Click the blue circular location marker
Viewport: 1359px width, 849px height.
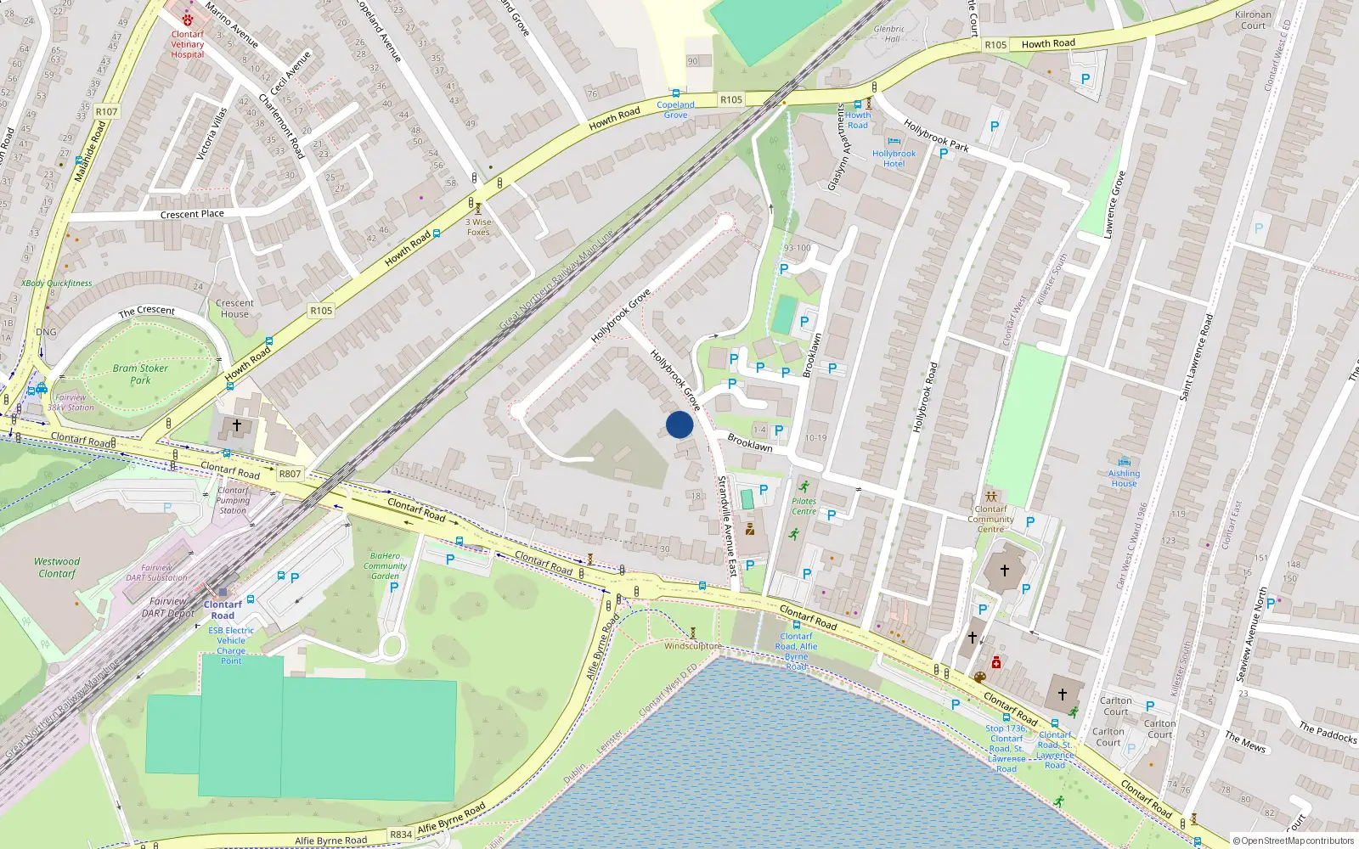[679, 424]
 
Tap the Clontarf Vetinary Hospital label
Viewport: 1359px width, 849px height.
[188, 44]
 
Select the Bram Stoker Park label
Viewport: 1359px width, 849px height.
[140, 374]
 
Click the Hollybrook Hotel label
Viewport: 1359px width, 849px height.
[894, 159]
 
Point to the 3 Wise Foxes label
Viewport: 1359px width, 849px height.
[478, 227]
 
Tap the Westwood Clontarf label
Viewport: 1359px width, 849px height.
[57, 567]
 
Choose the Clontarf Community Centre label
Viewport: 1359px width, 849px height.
[990, 519]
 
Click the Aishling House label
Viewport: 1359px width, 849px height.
[1124, 478]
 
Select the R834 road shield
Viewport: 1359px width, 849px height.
[401, 835]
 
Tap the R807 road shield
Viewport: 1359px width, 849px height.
[290, 474]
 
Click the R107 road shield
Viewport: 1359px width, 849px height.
[107, 112]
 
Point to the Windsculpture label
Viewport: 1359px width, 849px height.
[692, 646]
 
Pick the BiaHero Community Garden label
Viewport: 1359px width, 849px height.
[386, 566]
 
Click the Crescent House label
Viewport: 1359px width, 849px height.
[234, 308]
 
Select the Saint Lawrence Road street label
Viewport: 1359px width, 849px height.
[1196, 357]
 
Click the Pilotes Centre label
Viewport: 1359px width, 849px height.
[804, 506]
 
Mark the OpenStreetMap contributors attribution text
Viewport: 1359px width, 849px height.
[1294, 841]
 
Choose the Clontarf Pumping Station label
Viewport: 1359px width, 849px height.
[233, 500]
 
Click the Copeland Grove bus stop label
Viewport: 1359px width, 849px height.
[675, 110]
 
